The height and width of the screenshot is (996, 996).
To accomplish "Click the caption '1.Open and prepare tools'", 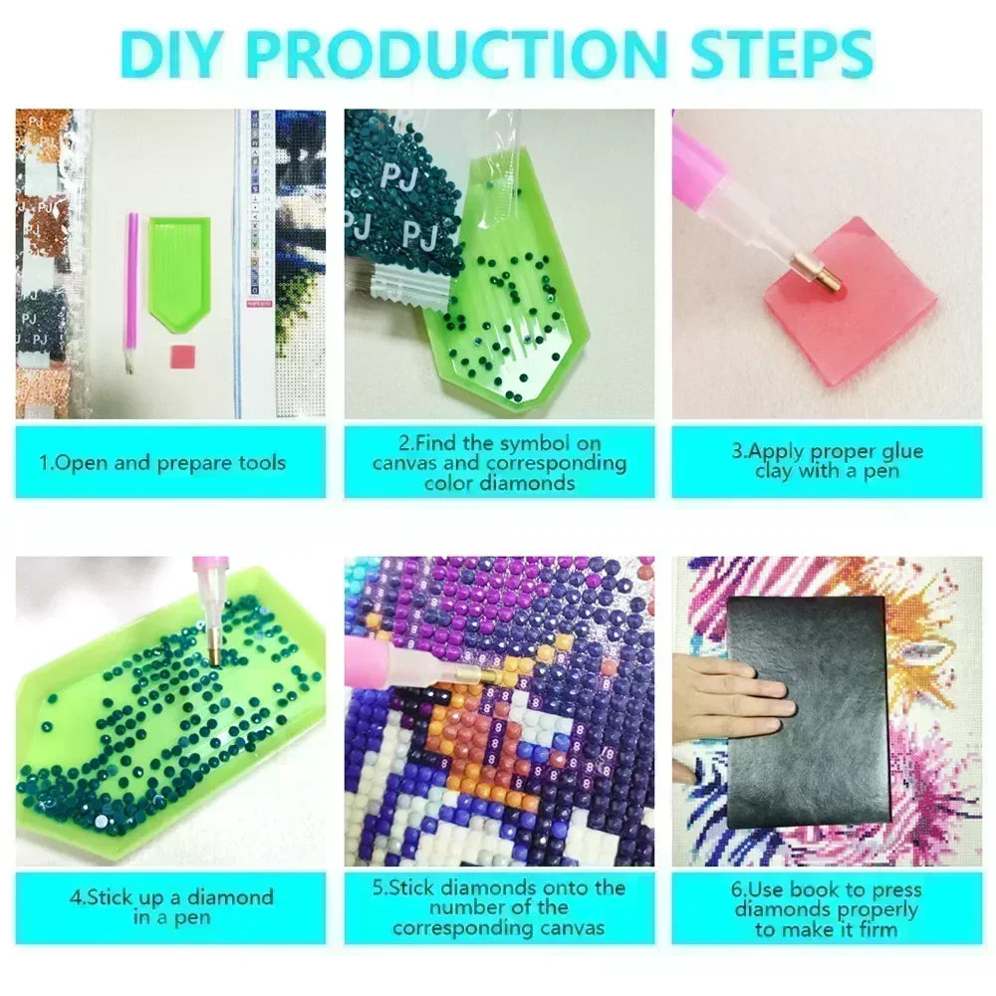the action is [162, 462].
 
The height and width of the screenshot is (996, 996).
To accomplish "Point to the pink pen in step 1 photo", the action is [131, 292].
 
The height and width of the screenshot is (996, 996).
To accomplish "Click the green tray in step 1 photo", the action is [179, 273].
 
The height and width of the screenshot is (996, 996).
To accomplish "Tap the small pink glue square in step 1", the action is [181, 357].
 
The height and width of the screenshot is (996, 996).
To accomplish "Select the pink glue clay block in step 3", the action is [852, 301].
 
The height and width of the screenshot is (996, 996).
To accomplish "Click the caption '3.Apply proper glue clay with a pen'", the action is [827, 460].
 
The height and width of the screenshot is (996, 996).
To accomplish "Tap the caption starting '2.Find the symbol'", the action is [499, 462].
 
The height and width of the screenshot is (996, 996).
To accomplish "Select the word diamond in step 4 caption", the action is [231, 897].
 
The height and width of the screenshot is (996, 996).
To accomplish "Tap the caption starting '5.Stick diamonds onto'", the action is [499, 907].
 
